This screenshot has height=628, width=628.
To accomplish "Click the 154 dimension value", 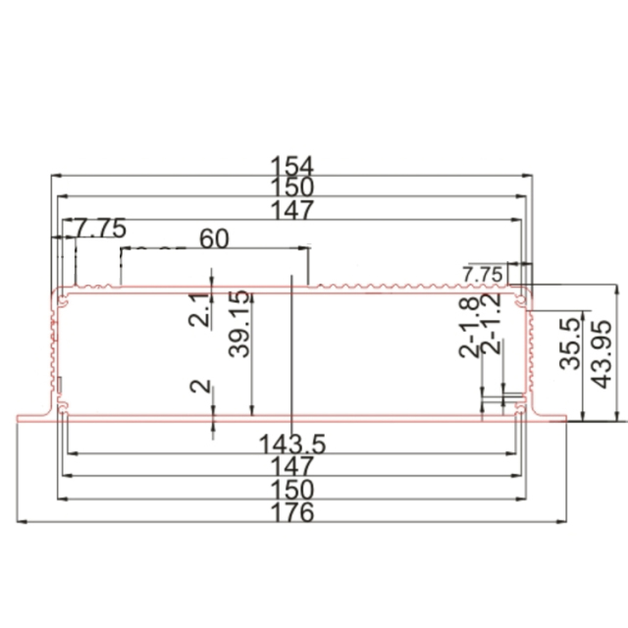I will pos(291,164).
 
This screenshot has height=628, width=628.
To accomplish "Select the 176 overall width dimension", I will pos(291,512).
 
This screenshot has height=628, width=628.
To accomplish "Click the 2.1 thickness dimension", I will pos(199,311).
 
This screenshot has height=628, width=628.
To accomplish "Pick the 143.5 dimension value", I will pos(292,444).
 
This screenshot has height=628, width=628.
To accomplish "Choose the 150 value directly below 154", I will pos(291,186).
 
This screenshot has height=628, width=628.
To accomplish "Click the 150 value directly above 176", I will pos(291,489).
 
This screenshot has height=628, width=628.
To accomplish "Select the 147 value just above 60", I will pos(291,209).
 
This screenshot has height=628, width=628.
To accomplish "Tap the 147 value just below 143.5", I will pos(291,466).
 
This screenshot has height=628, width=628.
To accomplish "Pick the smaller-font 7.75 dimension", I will pos(482,272).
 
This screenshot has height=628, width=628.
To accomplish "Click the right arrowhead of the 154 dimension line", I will pos(530,176).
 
